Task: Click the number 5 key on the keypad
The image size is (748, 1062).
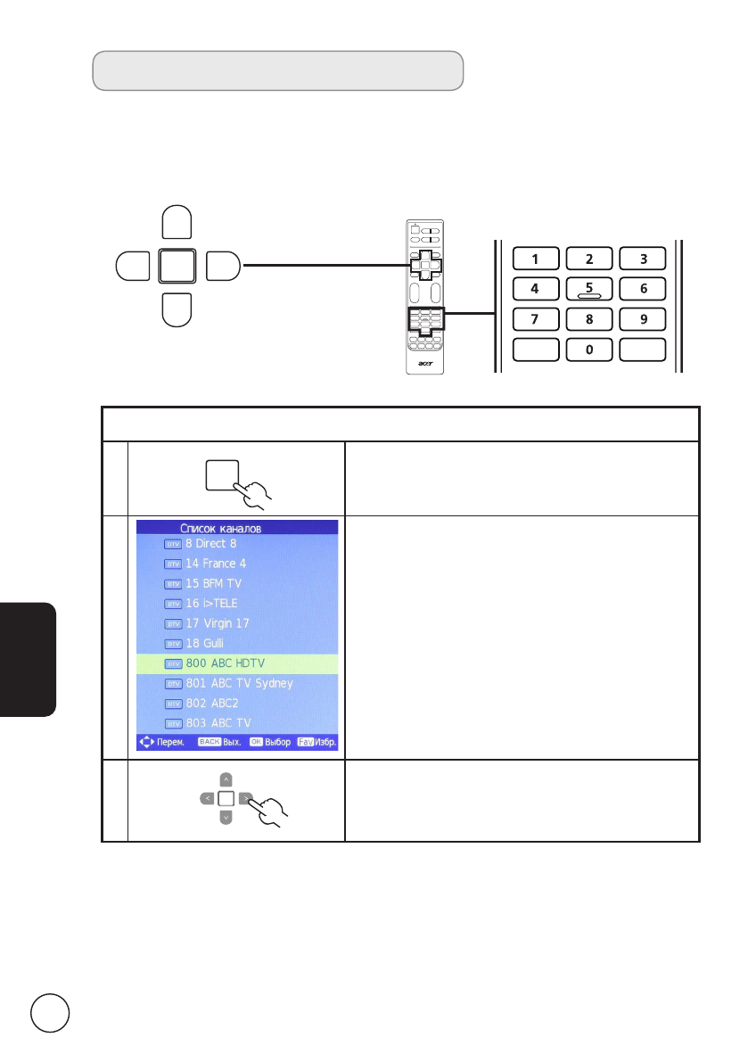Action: pyautogui.click(x=589, y=288)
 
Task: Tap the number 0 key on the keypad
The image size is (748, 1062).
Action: pyautogui.click(x=589, y=350)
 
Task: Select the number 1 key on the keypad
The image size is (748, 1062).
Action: pyautogui.click(x=535, y=259)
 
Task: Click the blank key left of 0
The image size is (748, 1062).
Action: pyautogui.click(x=535, y=350)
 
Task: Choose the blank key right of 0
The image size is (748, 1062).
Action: pyautogui.click(x=644, y=350)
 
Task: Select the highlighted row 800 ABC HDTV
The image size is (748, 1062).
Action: pyautogui.click(x=237, y=663)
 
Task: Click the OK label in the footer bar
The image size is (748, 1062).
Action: pyautogui.click(x=257, y=742)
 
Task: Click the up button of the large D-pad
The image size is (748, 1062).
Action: pyautogui.click(x=177, y=223)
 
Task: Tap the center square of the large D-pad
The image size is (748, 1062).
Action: pyautogui.click(x=177, y=266)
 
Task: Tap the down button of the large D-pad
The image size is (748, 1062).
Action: pyautogui.click(x=177, y=309)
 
